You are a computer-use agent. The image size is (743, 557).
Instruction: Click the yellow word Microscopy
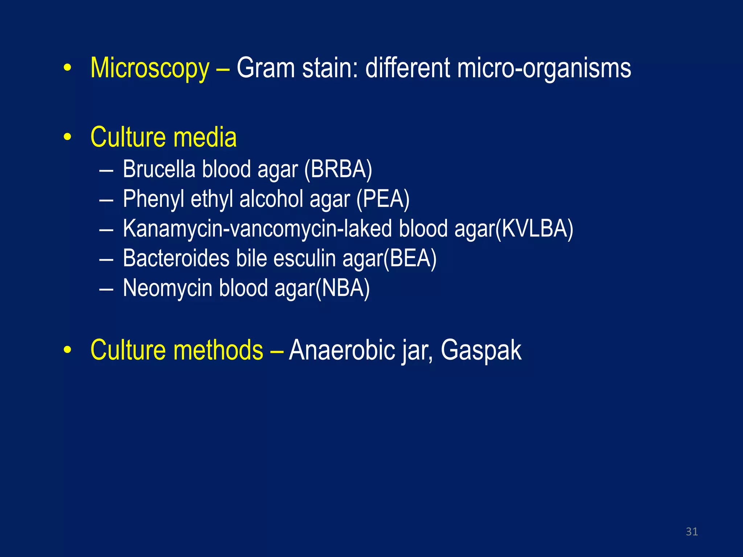point(150,69)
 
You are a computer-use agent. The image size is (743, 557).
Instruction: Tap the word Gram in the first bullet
point(266,68)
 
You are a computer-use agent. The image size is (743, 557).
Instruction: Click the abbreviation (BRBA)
point(338,169)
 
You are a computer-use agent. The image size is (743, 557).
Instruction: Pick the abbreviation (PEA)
point(383,199)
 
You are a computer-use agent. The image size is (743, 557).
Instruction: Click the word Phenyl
point(153,199)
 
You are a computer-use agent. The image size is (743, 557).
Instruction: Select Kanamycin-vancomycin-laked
point(257,229)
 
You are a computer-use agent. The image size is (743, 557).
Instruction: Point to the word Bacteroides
point(176,259)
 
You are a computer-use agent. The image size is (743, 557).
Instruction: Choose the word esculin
point(304,259)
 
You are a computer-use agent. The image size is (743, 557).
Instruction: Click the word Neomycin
point(168,288)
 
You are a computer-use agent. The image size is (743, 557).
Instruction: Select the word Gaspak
point(481,350)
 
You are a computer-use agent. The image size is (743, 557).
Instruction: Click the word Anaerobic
point(342,350)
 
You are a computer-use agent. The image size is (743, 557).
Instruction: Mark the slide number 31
point(692,532)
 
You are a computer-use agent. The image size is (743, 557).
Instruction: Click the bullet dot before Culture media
point(67,138)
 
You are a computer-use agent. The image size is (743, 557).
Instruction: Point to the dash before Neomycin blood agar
point(106,289)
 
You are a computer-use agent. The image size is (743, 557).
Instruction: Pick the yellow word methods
point(218,350)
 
